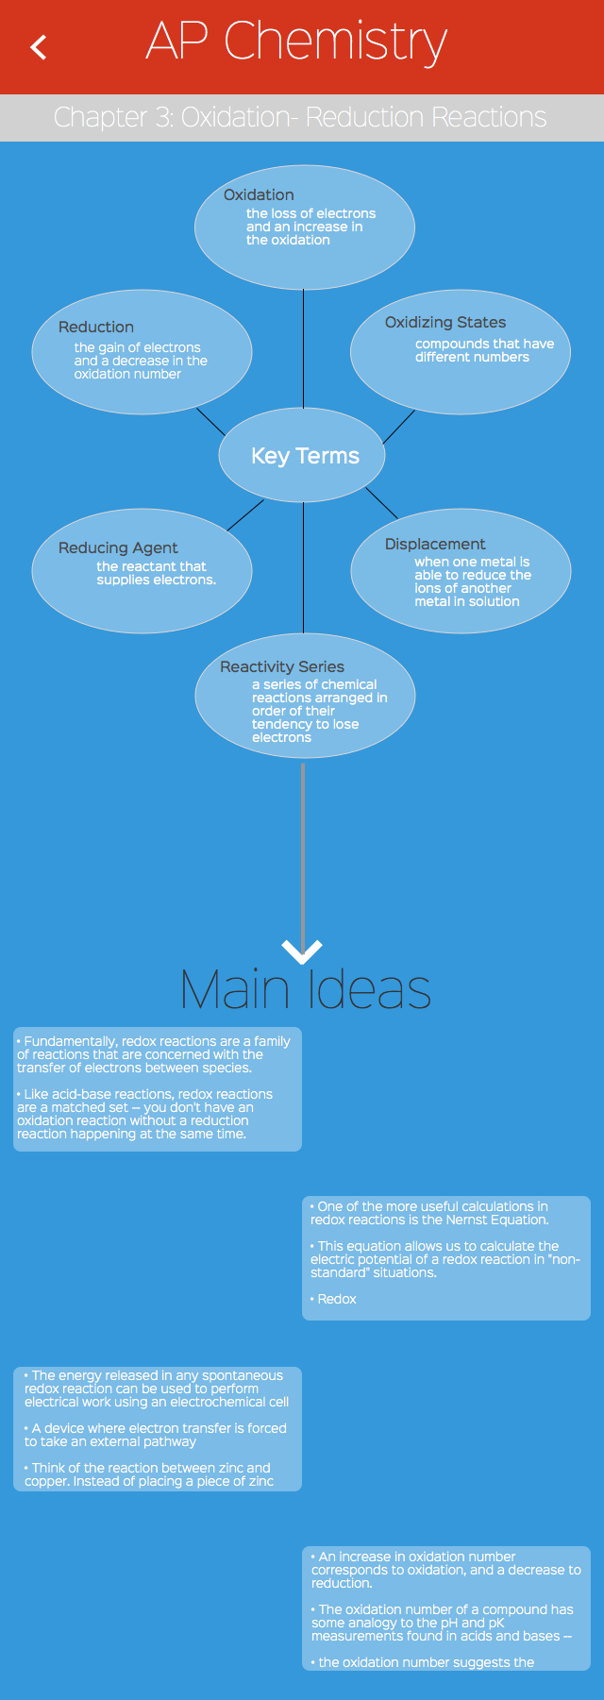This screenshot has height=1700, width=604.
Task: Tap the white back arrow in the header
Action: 39,47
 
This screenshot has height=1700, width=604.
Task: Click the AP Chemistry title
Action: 296,43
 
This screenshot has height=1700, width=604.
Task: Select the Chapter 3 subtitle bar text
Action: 300,117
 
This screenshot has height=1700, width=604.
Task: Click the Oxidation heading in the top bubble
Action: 259,194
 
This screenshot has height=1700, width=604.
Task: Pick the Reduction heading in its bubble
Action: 96,327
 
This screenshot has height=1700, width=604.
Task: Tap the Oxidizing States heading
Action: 445,322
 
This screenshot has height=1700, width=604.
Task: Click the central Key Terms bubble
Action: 304,456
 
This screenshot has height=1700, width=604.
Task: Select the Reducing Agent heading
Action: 118,547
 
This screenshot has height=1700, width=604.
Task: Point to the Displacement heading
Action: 435,544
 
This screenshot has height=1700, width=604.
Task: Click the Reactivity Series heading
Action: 282,666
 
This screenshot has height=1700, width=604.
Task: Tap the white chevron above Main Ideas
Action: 302,951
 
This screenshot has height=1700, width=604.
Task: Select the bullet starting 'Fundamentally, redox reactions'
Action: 154,1054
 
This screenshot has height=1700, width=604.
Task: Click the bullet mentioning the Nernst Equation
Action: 429,1213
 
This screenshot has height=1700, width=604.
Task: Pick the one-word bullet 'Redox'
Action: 337,1299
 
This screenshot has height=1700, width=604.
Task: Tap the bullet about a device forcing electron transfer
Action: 156,1435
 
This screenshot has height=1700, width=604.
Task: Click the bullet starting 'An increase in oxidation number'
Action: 445,1570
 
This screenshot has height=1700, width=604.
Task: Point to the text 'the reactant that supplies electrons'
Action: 156,573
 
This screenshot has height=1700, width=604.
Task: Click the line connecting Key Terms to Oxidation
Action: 303,349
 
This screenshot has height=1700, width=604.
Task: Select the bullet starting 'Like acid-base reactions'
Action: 145,1114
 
